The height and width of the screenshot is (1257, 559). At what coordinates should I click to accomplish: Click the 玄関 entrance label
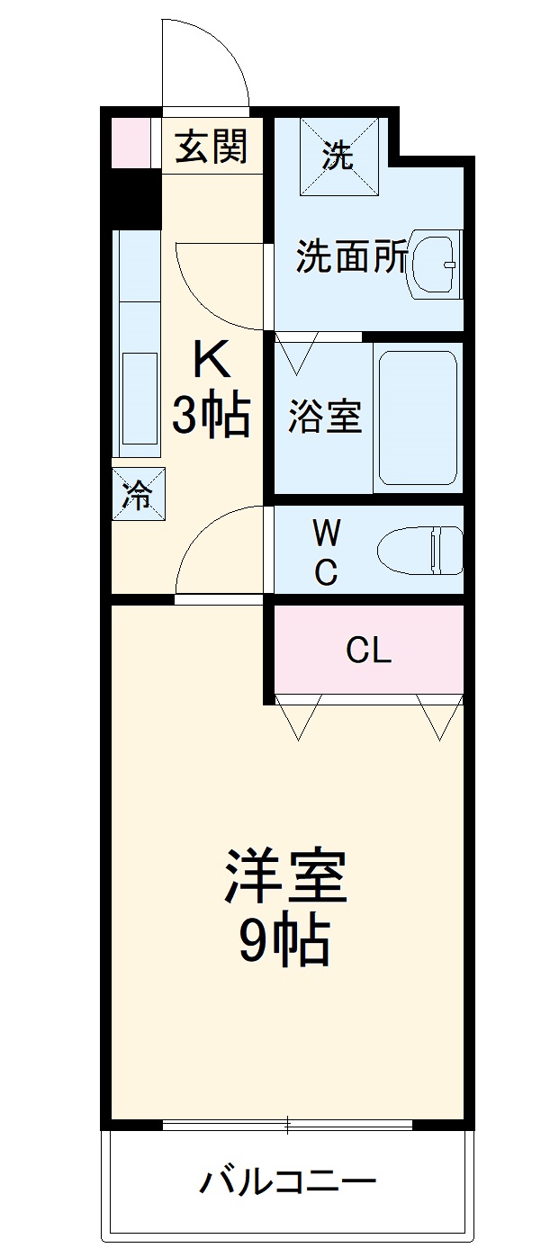[x=211, y=146]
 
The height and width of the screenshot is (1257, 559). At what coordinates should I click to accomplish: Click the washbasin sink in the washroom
[x=436, y=265]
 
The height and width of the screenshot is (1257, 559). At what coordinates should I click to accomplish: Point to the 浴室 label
[x=325, y=416]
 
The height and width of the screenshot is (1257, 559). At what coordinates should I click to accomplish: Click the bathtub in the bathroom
[x=417, y=417]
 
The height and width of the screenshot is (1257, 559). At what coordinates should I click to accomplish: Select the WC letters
[x=326, y=552]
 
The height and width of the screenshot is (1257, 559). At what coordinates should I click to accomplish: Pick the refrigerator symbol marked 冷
[x=139, y=493]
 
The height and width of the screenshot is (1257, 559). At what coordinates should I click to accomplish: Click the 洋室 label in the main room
[x=285, y=876]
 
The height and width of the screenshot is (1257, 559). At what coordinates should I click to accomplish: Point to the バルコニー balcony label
[x=287, y=1181]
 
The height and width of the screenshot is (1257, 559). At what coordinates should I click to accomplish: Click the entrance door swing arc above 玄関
[x=205, y=63]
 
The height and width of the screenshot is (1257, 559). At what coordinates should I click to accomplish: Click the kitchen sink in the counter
[x=140, y=397]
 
